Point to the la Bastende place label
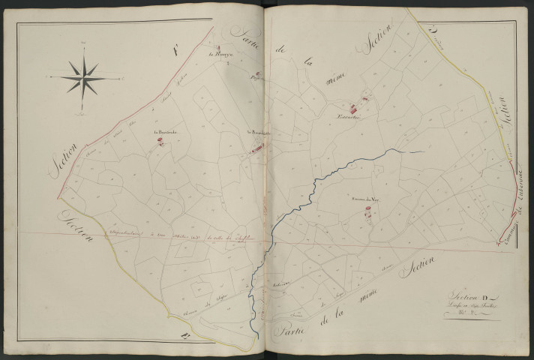[x=163, y=135]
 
